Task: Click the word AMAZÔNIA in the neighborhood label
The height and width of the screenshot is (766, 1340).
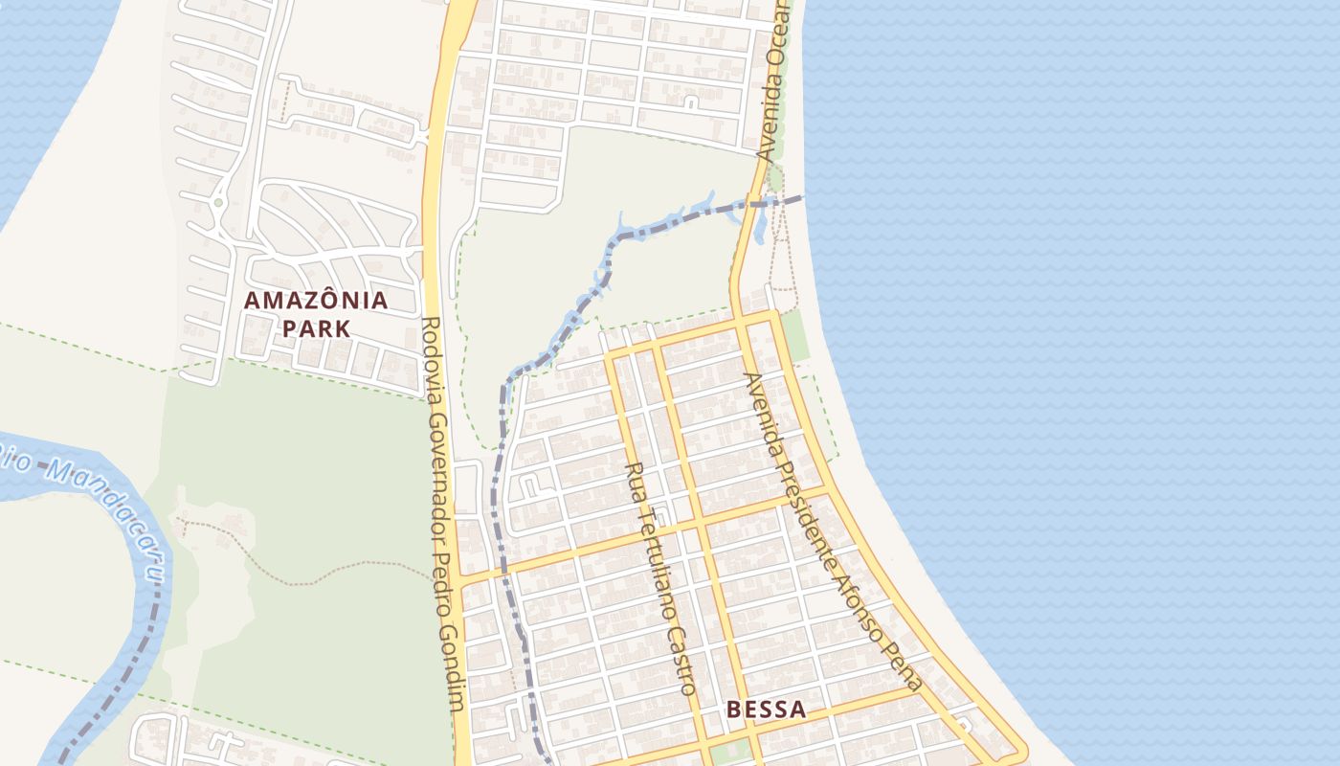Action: coord(316,301)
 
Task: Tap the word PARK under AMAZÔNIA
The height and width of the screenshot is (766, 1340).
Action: coord(316,328)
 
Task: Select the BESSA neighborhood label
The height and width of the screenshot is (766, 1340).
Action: coord(766,710)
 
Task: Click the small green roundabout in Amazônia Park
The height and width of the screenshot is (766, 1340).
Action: coord(218,202)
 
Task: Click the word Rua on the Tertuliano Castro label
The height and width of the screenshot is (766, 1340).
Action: coord(634,479)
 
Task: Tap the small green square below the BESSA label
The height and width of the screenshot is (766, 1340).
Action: coord(729,752)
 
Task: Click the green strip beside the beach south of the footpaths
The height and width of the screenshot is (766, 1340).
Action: coord(793,335)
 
